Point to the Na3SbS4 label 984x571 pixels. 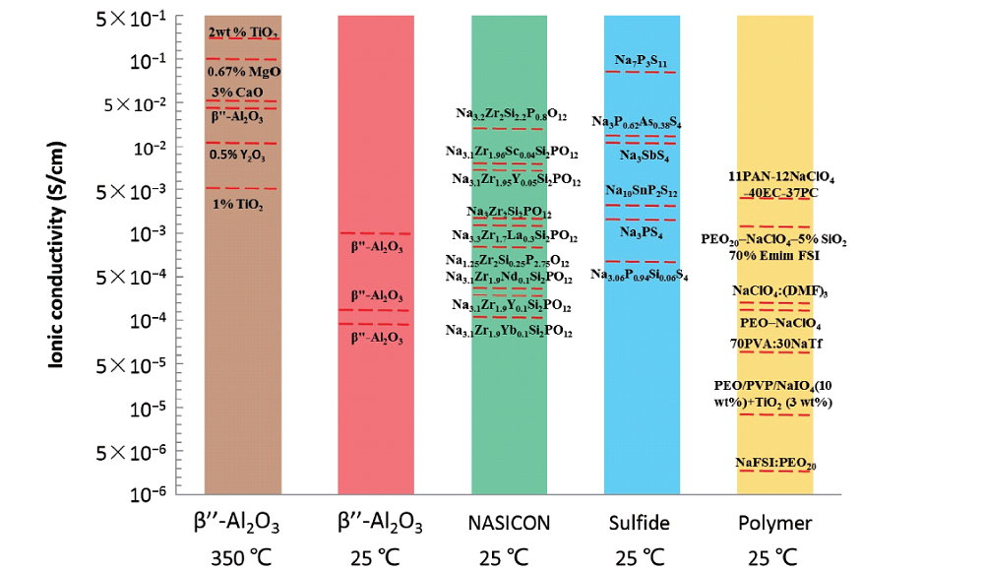[644, 156]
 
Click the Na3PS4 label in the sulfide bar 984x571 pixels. [642, 233]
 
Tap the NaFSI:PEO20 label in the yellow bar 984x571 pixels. [775, 463]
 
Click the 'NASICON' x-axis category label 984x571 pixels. [509, 522]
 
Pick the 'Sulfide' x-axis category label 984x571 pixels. [642, 522]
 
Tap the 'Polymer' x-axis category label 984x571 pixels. [775, 522]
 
